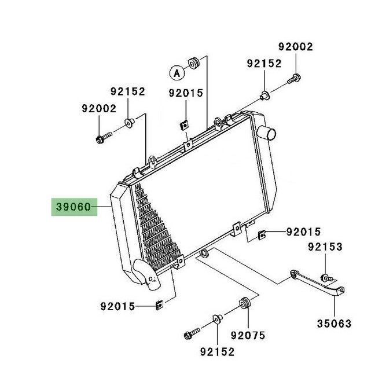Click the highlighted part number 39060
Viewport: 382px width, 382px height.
click(x=74, y=207)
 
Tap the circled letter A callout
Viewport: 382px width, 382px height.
click(x=177, y=72)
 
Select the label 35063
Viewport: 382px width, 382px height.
click(x=335, y=324)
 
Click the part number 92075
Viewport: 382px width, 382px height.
click(x=248, y=336)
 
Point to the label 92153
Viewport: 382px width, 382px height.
click(x=325, y=247)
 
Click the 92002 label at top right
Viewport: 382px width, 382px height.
click(x=296, y=47)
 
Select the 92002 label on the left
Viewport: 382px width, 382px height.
click(x=99, y=109)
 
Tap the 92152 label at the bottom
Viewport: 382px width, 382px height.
click(x=217, y=352)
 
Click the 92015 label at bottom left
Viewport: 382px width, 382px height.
click(x=117, y=306)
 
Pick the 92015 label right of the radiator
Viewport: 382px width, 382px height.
click(x=303, y=232)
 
